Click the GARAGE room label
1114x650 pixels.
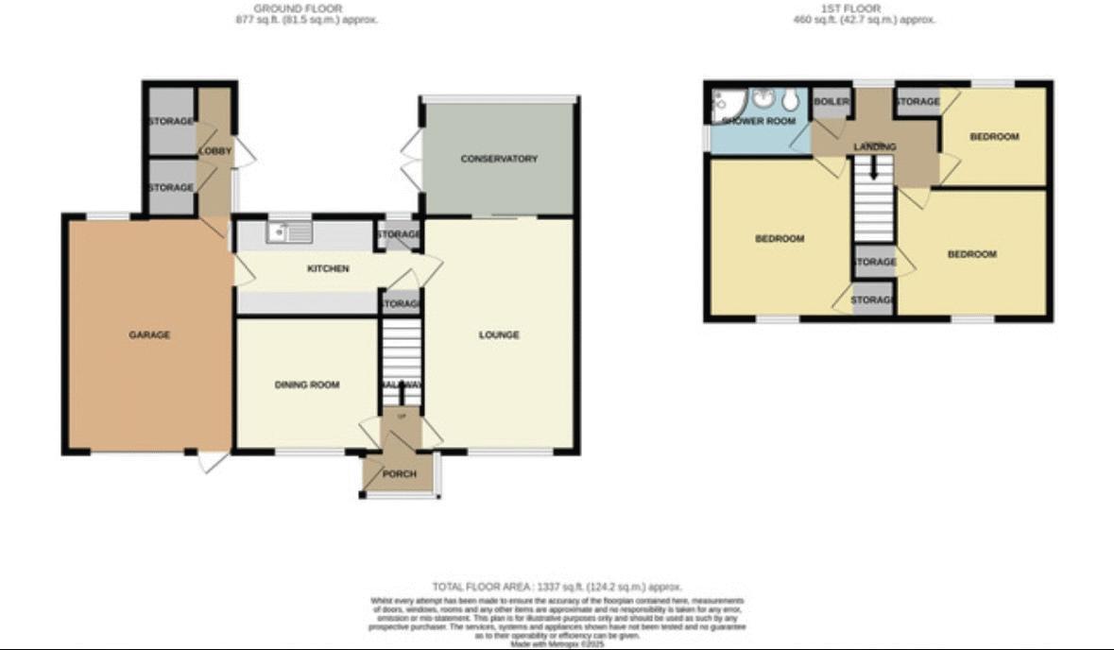(149, 334)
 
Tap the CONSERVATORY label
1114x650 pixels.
(499, 159)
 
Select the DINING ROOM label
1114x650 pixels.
(306, 385)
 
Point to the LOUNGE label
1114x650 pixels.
(499, 334)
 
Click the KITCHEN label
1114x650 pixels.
(328, 269)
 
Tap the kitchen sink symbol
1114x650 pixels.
(289, 231)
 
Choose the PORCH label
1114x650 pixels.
(400, 473)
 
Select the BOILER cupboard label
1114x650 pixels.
(831, 102)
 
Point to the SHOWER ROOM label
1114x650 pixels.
(758, 122)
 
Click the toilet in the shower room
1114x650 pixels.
(790, 101)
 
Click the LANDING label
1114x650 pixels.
(874, 147)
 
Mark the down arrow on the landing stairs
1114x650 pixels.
(874, 170)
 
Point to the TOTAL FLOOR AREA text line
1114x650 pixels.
(557, 587)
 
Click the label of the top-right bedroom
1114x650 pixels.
(994, 137)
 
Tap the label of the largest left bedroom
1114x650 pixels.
(780, 239)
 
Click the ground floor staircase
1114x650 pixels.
(401, 350)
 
